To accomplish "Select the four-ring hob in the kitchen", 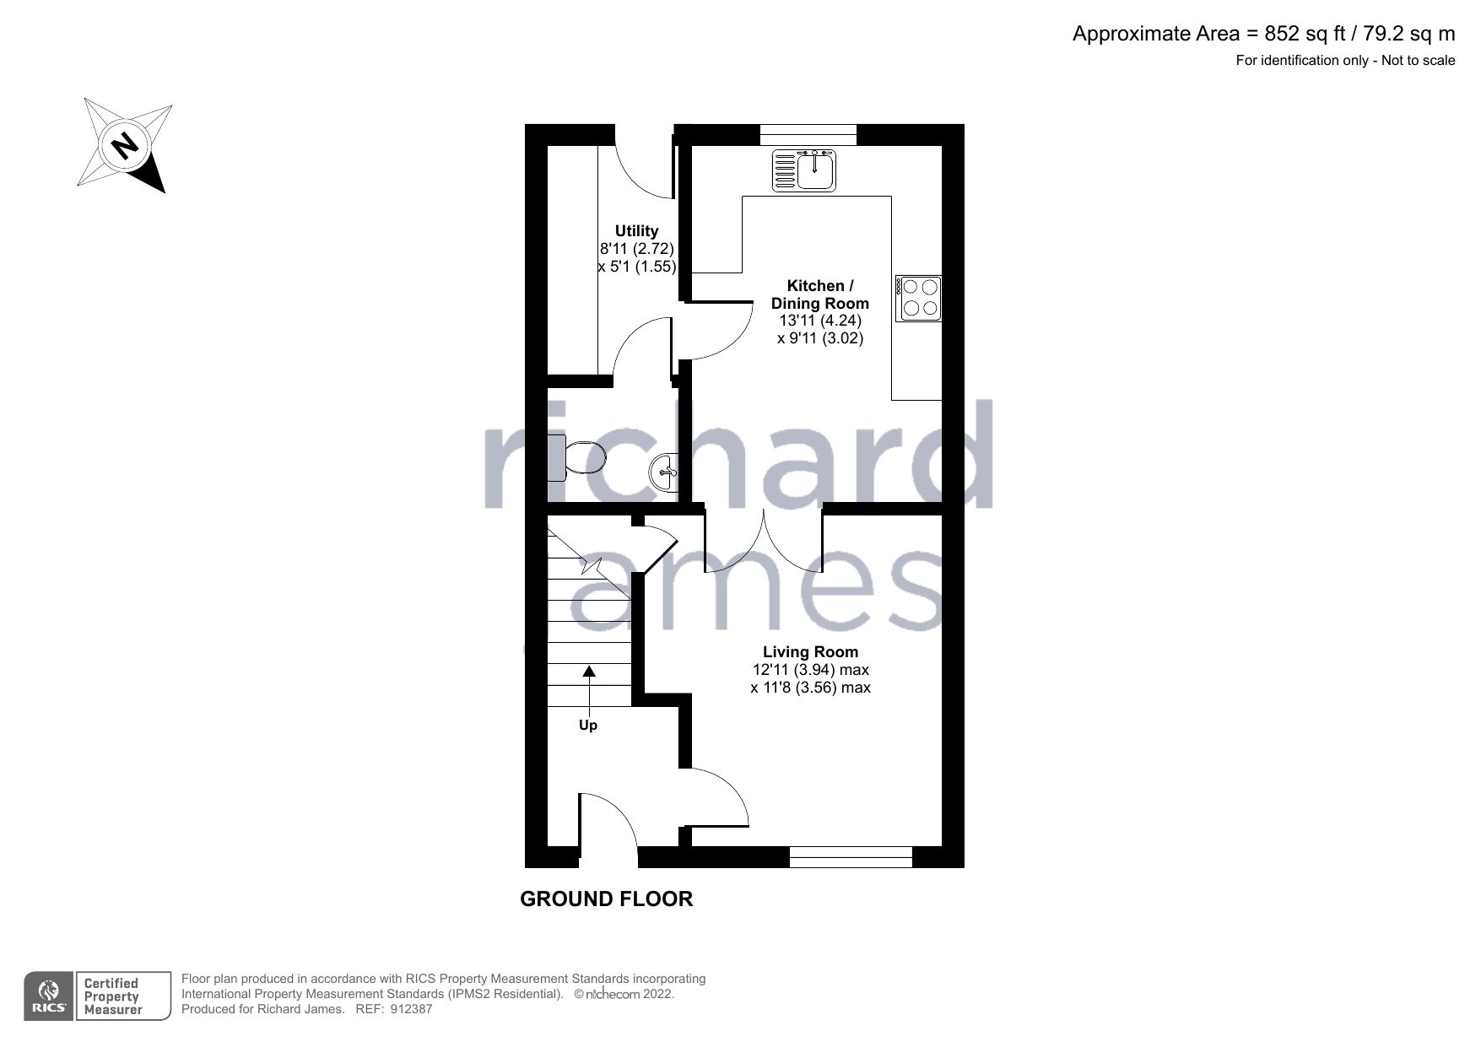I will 919,298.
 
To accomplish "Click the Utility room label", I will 636,230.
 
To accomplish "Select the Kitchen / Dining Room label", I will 819,294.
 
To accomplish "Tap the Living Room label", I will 810,651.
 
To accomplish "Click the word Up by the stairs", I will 588,726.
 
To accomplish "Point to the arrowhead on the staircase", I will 589,672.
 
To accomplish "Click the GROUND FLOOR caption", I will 606,899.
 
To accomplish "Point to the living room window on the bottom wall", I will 851,857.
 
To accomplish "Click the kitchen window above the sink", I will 808,134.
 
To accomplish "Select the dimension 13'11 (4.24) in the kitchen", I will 819,321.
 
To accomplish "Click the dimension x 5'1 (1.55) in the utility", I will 636,267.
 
